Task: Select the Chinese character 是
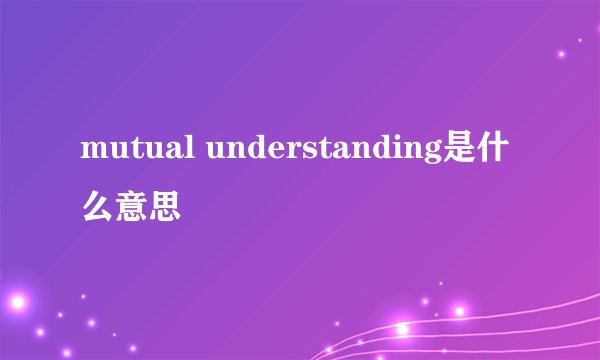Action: coord(463,150)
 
